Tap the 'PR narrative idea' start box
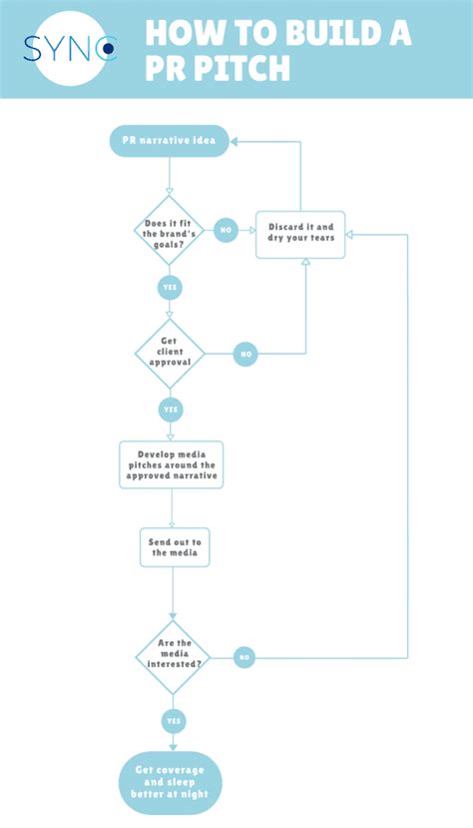(x=170, y=142)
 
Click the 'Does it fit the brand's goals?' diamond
(x=170, y=230)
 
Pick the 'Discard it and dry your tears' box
(x=300, y=234)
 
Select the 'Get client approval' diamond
(x=170, y=354)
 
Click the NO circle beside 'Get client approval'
(x=246, y=354)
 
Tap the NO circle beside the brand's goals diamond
(x=225, y=230)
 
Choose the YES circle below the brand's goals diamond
(x=171, y=288)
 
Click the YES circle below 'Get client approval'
(x=171, y=410)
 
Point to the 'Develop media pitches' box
(x=171, y=464)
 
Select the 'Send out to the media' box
(x=174, y=546)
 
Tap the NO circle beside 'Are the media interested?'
(x=245, y=657)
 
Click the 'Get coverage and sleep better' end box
(x=171, y=782)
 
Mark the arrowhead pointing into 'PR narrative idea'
(x=236, y=142)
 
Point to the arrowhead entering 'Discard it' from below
(x=305, y=263)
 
